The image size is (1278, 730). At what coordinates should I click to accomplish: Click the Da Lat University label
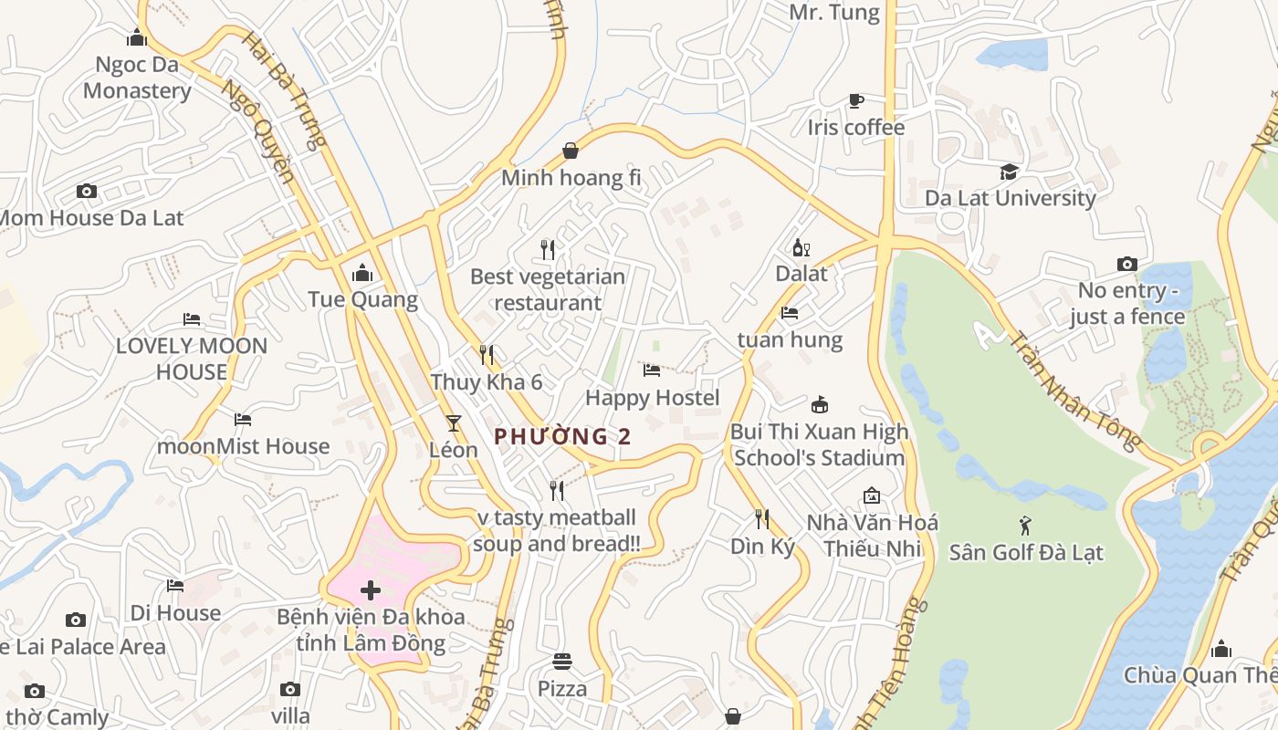1010,198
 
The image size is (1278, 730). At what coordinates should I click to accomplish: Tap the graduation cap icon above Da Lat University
1009,172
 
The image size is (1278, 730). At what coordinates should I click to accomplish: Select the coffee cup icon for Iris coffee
855,100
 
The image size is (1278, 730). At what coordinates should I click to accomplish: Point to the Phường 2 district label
562,437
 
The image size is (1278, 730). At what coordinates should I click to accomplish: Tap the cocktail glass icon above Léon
453,423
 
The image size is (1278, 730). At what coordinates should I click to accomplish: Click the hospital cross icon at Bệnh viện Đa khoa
371,590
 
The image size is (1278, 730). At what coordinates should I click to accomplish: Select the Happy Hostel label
652,398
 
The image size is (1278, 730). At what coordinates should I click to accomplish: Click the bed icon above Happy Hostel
652,370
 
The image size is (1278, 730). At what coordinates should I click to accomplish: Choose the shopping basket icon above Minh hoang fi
571,151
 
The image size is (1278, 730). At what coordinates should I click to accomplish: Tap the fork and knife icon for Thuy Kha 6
487,355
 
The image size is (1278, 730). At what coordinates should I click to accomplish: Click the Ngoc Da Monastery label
137,78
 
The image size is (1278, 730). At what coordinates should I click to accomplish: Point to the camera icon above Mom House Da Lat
87,192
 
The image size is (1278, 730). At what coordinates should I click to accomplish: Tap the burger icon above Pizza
562,662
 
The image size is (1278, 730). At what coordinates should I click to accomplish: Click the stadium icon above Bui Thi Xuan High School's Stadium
819,405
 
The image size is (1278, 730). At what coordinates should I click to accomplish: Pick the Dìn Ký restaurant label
762,547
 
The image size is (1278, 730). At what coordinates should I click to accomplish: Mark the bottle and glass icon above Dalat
801,247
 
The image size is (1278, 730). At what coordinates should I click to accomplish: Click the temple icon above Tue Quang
362,273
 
